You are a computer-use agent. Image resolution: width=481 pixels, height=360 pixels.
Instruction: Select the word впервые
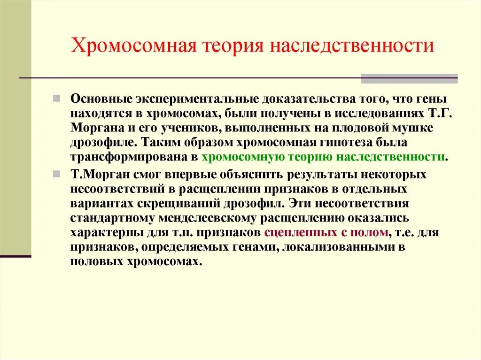[x=210, y=175]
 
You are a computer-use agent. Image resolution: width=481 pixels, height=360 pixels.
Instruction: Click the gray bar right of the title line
[x=409, y=78]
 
